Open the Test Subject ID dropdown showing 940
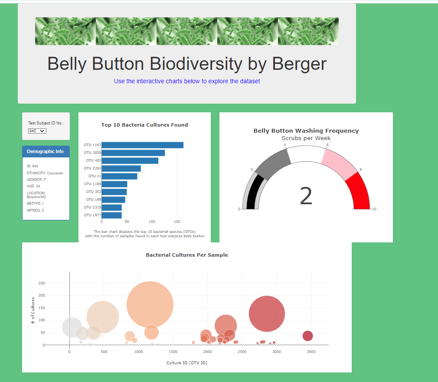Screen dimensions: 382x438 [x=37, y=131]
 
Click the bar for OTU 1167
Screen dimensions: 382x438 [x=142, y=145]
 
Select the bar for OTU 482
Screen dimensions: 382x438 [x=130, y=160]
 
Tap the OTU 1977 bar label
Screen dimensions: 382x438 [x=92, y=215]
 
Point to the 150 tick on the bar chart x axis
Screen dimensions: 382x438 [x=177, y=222]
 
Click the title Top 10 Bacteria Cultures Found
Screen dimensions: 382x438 [x=144, y=125]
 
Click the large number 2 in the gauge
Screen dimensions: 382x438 [x=306, y=196]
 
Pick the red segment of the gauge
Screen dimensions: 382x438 [x=359, y=191]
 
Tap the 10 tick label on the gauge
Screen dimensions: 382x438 [x=374, y=209]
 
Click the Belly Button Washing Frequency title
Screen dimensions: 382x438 [x=306, y=131]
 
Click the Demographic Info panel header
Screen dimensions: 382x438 [x=45, y=151]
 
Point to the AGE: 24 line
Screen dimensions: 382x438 [x=33, y=186]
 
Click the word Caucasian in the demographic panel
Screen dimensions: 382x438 [x=55, y=173]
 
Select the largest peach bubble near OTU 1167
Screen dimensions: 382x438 [x=150, y=304]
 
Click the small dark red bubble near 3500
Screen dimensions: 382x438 [x=307, y=336]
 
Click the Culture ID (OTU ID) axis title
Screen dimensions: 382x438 [x=186, y=362]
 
